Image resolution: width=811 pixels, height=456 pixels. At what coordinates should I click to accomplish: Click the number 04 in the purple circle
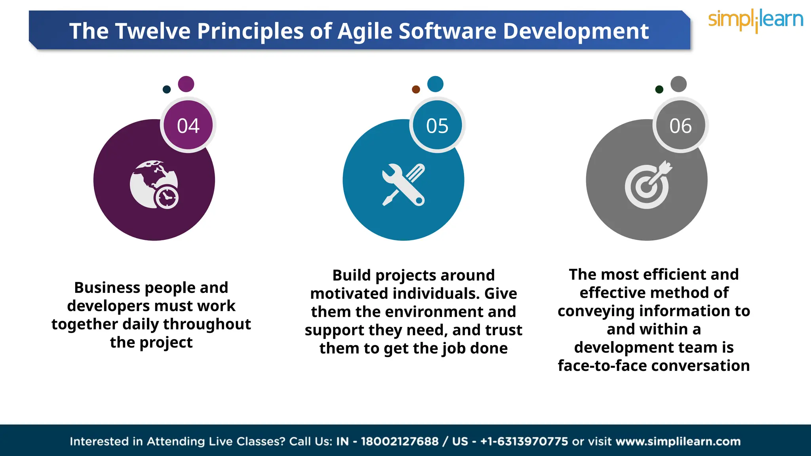(x=188, y=126)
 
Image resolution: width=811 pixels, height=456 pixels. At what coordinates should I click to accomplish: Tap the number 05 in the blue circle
(x=437, y=126)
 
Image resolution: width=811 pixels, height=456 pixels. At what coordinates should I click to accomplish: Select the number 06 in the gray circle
(x=680, y=126)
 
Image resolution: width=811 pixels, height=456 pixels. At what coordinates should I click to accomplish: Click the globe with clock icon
(x=154, y=184)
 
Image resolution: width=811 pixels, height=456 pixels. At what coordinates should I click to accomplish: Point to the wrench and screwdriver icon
(x=403, y=184)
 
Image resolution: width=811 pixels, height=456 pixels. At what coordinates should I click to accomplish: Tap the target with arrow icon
(x=648, y=185)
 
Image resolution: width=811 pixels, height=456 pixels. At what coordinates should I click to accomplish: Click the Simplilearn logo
(x=755, y=20)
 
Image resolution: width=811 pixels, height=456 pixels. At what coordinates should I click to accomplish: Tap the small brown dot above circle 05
(x=416, y=89)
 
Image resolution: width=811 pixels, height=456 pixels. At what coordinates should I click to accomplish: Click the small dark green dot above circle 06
(x=659, y=89)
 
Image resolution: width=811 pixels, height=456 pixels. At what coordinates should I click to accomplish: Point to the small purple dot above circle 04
(x=186, y=84)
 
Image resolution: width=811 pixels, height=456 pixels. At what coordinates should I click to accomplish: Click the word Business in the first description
(x=108, y=288)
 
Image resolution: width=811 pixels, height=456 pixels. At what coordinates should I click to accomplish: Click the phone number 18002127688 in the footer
(x=399, y=441)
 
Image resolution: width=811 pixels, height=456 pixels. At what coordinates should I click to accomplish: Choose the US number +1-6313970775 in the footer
(x=524, y=441)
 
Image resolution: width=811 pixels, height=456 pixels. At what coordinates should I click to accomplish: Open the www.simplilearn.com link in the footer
(x=678, y=441)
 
